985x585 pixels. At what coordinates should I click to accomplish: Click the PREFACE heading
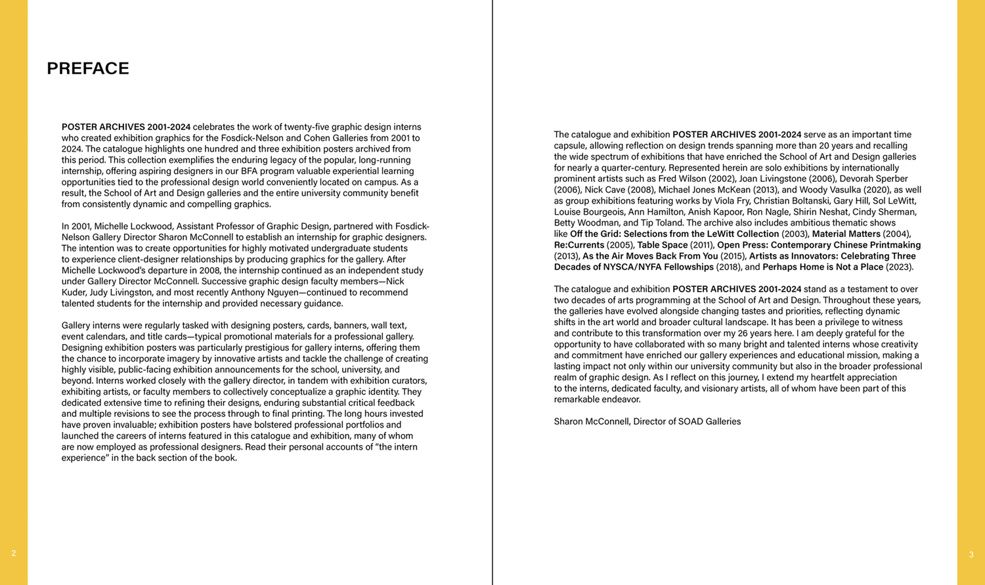pyautogui.click(x=88, y=69)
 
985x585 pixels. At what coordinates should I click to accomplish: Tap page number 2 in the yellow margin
pyautogui.click(x=14, y=553)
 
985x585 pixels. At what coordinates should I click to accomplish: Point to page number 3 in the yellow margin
pyautogui.click(x=971, y=555)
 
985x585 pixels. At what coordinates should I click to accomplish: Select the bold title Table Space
pyautogui.click(x=662, y=245)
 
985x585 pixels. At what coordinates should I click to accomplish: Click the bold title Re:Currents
pyautogui.click(x=579, y=245)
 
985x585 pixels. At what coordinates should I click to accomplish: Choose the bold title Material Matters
pyautogui.click(x=846, y=234)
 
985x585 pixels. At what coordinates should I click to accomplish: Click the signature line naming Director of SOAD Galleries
pyautogui.click(x=647, y=422)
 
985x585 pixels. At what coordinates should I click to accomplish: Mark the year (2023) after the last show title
pyautogui.click(x=899, y=267)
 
